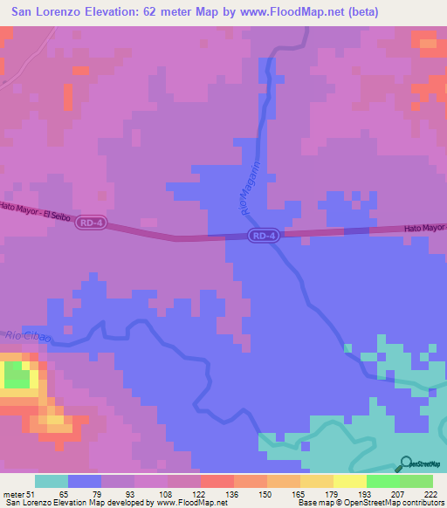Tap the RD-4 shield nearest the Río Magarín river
(263, 236)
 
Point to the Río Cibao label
(29, 336)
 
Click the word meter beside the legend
(11, 493)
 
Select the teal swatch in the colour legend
(52, 481)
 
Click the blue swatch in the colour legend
(85, 481)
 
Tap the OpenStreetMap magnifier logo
(406, 463)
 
